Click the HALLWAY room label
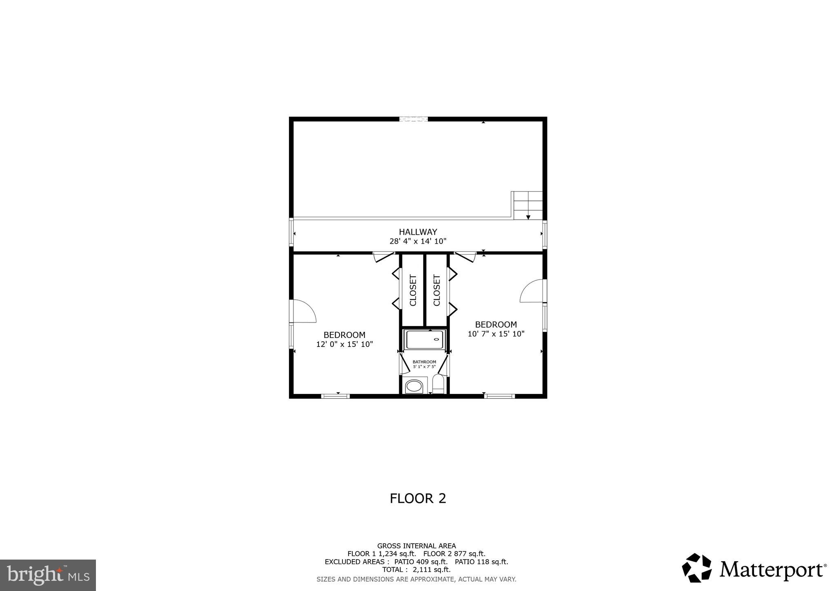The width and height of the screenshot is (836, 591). click(418, 232)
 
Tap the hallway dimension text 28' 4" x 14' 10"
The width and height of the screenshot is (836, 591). click(418, 241)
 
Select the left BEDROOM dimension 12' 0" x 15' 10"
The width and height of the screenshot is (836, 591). click(345, 344)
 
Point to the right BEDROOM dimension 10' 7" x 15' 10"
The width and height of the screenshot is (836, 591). click(496, 334)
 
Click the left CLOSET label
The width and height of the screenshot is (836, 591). click(413, 290)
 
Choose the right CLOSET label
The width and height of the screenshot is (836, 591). click(437, 290)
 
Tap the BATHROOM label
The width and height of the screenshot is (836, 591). click(424, 362)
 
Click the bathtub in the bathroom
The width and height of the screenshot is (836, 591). click(425, 340)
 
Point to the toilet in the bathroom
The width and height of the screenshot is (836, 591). click(438, 384)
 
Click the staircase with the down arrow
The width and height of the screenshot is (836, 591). click(528, 206)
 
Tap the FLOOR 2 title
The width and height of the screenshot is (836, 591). click(418, 498)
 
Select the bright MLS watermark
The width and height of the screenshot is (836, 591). click(48, 575)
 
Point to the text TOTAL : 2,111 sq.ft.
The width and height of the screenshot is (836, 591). click(416, 570)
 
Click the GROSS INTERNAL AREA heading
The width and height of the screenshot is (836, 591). click(416, 546)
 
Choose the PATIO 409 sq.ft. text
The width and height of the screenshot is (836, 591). click(420, 562)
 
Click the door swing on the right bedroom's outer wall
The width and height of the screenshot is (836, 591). click(532, 291)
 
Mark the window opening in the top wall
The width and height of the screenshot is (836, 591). click(413, 119)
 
